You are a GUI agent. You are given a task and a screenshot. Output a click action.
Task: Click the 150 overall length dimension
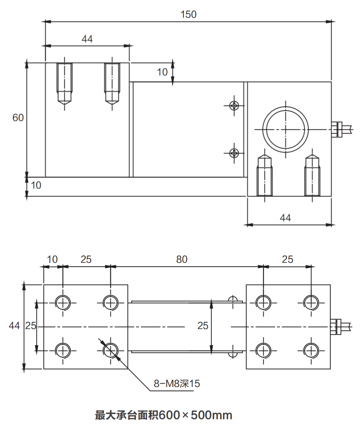(x=188, y=14)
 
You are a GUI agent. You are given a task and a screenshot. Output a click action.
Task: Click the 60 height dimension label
(x=18, y=118)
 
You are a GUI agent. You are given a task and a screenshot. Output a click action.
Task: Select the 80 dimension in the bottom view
(x=182, y=259)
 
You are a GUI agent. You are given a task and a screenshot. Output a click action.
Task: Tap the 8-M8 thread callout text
(x=177, y=384)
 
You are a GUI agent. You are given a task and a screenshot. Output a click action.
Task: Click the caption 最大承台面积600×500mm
(x=164, y=415)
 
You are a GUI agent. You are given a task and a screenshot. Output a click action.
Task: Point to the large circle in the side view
(x=286, y=129)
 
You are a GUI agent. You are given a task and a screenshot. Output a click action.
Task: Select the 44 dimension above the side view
(x=87, y=39)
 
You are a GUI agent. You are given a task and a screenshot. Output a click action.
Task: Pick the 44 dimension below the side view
(x=285, y=218)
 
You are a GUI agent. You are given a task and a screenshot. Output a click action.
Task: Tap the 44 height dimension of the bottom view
(x=14, y=326)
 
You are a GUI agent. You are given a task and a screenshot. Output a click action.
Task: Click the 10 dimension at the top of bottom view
(x=52, y=259)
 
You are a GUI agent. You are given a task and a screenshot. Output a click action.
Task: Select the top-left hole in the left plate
(x=63, y=303)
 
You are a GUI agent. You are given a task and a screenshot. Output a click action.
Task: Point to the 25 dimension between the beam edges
(x=203, y=326)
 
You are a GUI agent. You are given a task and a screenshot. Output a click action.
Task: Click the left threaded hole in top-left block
(x=65, y=82)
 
